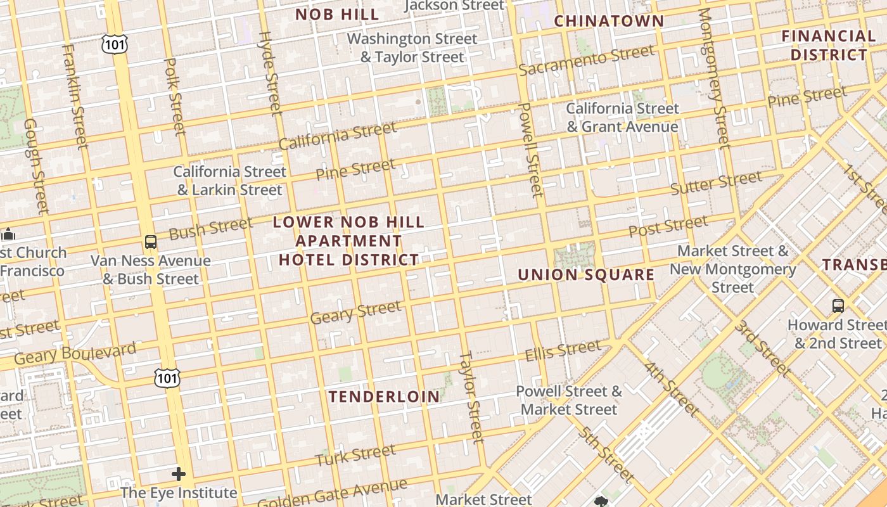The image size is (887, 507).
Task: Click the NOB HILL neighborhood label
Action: [337, 14]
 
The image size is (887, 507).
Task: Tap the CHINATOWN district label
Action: [609, 21]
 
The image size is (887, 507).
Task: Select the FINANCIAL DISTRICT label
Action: [828, 45]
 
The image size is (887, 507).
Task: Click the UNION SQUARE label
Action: [586, 274]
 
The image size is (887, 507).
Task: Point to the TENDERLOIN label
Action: [384, 397]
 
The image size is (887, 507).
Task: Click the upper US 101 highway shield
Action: [115, 44]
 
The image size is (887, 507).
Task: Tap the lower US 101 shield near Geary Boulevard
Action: [167, 378]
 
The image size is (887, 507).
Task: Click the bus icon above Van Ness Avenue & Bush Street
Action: [150, 241]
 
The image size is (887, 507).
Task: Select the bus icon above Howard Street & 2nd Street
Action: [838, 306]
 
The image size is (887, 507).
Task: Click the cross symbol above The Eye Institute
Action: [179, 473]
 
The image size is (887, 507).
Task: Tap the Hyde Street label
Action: [270, 73]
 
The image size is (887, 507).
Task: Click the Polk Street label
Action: [174, 96]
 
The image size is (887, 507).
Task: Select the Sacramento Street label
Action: [586, 60]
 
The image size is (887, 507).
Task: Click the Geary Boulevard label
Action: [75, 354]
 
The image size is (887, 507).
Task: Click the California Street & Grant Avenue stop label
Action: [622, 117]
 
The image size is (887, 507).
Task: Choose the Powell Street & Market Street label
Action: [569, 400]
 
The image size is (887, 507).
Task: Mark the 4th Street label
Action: [672, 388]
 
